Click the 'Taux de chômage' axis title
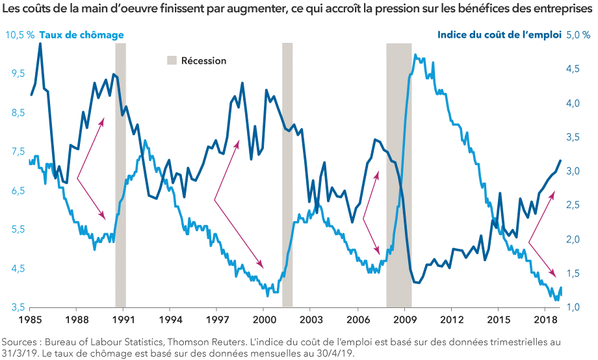tap(81, 35)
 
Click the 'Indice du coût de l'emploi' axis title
tap(499, 35)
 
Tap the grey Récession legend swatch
tap(172, 60)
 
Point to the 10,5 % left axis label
tap(20, 35)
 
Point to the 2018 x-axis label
tap(545, 320)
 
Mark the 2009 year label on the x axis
tap(404, 320)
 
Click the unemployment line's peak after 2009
tap(415, 55)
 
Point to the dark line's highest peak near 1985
tap(41, 44)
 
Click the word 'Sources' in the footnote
tap(21, 341)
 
